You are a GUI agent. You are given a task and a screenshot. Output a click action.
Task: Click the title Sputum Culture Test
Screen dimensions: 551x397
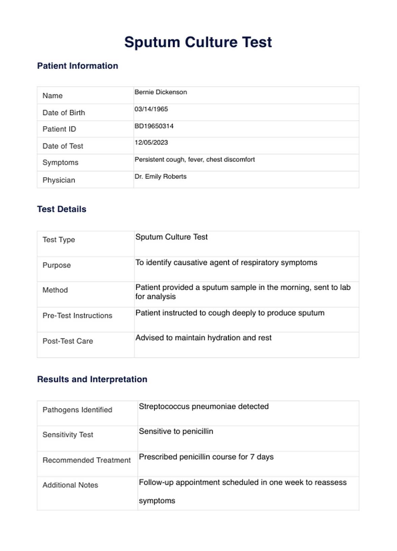tap(198, 43)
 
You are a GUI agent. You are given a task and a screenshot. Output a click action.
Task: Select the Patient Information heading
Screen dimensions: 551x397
tap(78, 66)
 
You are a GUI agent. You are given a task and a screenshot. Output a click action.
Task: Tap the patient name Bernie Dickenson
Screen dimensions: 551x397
tap(161, 92)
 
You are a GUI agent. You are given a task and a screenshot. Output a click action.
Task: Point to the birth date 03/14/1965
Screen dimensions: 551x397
tap(151, 109)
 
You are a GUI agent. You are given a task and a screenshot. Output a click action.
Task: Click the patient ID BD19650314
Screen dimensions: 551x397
tap(154, 126)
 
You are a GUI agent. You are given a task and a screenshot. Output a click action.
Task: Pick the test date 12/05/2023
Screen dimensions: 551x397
tap(151, 143)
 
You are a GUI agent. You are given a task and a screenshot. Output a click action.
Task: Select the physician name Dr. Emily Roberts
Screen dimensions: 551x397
tap(160, 176)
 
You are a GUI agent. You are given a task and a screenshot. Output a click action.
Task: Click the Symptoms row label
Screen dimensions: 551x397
tap(60, 163)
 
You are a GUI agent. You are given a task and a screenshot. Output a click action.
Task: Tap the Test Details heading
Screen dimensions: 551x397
tap(62, 209)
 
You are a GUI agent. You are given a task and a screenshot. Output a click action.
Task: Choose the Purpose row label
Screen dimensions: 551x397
tap(57, 265)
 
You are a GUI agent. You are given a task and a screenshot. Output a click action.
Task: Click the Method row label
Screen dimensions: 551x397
tap(55, 290)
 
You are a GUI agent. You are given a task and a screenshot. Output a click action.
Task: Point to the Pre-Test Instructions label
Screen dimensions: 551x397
tap(77, 316)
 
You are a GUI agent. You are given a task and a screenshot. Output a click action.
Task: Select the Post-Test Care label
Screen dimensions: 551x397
tap(68, 341)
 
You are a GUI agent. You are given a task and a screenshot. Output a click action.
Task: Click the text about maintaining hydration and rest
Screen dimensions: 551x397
tap(203, 338)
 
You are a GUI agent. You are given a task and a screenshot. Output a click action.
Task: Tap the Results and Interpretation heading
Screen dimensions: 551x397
tap(92, 379)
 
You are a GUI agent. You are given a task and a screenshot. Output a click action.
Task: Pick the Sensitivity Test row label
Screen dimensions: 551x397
tap(68, 435)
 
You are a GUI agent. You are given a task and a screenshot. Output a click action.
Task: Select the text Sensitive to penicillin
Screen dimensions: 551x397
tap(176, 431)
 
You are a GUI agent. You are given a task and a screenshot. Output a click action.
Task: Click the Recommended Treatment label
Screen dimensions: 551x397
tap(86, 460)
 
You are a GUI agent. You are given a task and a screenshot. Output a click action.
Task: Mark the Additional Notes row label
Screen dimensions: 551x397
tap(70, 485)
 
